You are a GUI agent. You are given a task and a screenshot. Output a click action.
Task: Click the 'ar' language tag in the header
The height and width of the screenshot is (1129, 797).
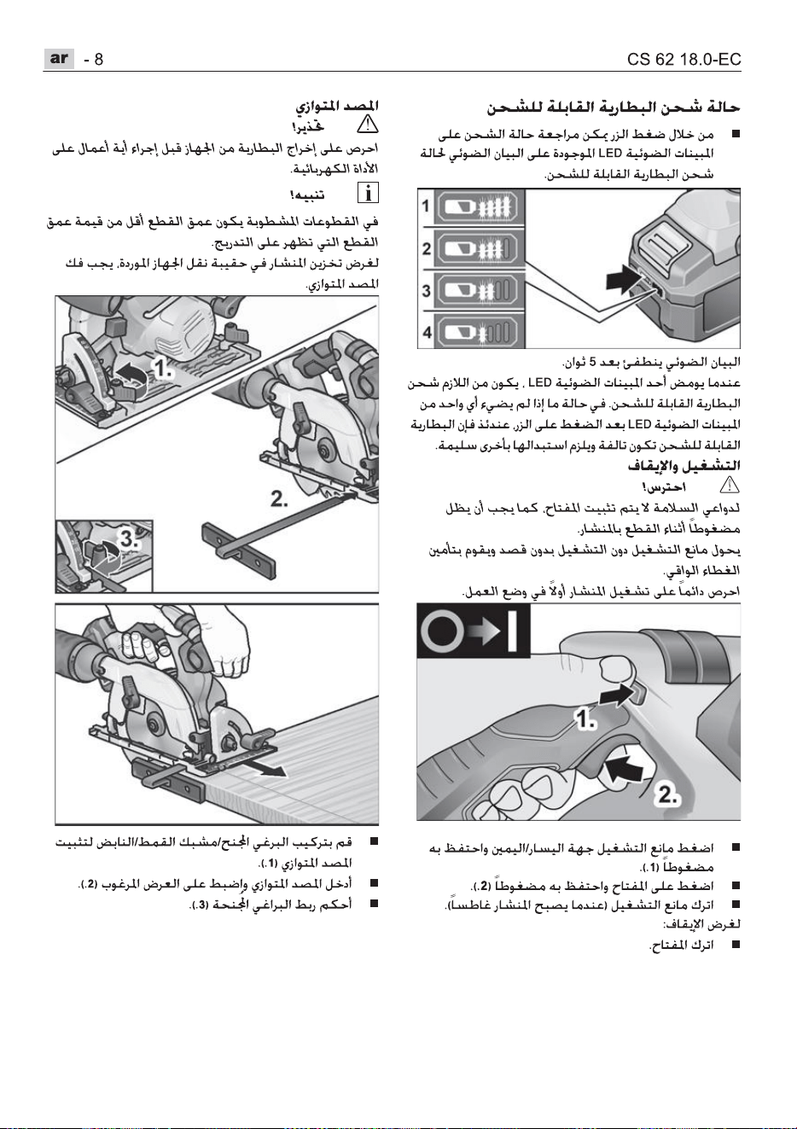click(x=59, y=59)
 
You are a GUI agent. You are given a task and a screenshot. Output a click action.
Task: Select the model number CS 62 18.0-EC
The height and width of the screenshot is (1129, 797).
click(x=684, y=60)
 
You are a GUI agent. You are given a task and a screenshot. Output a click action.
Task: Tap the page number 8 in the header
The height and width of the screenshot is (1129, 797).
click(x=98, y=60)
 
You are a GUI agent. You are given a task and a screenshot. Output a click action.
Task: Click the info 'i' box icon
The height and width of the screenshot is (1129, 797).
click(x=368, y=193)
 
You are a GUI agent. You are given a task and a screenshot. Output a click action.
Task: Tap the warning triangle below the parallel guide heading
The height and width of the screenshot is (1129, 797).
click(x=368, y=125)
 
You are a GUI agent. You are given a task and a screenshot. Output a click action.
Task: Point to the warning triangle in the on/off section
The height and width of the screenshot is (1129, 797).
click(x=730, y=486)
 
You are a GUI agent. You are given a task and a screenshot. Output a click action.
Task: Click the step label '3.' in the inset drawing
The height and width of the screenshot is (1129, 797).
click(x=129, y=538)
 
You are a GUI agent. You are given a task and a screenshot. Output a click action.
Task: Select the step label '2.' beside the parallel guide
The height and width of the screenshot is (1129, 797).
click(x=279, y=499)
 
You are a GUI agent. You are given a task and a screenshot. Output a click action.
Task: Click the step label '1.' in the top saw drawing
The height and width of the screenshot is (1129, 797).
click(x=163, y=369)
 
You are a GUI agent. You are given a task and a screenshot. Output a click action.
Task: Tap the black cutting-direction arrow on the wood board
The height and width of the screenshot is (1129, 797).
click(x=265, y=770)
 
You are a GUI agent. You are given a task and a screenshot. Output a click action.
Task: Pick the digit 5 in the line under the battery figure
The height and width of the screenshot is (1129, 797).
click(x=593, y=362)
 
